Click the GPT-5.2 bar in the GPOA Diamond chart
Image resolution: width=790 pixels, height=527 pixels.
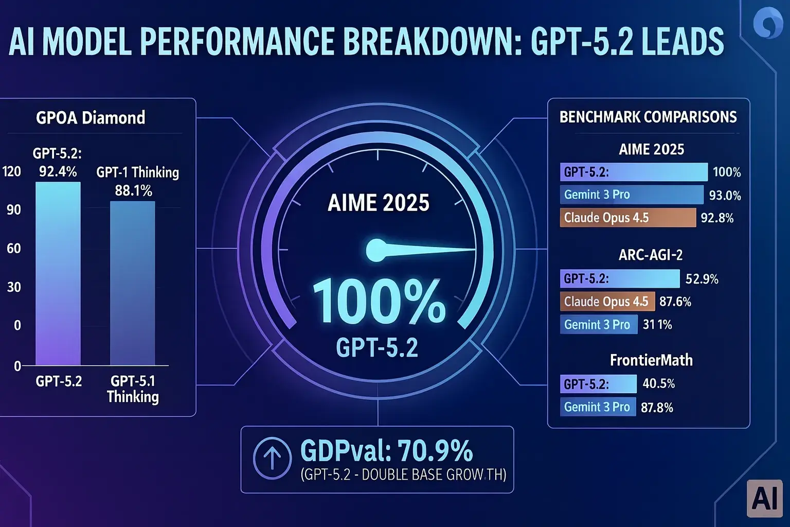(58, 273)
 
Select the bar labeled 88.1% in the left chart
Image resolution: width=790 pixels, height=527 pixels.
(132, 283)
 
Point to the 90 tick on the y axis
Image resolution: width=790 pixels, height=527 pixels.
(14, 209)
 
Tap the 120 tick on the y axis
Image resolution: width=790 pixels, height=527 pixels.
(12, 171)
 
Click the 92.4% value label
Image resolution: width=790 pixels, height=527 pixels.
(58, 171)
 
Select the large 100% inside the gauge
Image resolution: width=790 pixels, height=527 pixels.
(379, 303)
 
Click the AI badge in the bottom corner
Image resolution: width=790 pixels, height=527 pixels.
(764, 499)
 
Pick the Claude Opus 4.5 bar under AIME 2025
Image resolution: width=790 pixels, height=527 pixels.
(627, 218)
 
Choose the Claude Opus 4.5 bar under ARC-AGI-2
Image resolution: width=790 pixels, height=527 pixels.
(607, 302)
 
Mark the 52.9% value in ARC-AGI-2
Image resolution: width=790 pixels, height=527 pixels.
(702, 279)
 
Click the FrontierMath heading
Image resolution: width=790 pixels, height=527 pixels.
(651, 360)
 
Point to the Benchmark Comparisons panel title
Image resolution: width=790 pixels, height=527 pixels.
(648, 117)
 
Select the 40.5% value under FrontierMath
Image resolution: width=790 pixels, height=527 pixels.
(658, 383)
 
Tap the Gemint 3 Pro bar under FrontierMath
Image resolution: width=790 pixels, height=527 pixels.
(598, 407)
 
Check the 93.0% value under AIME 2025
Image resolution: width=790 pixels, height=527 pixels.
(725, 196)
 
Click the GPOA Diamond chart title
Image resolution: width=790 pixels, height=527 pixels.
(91, 117)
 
